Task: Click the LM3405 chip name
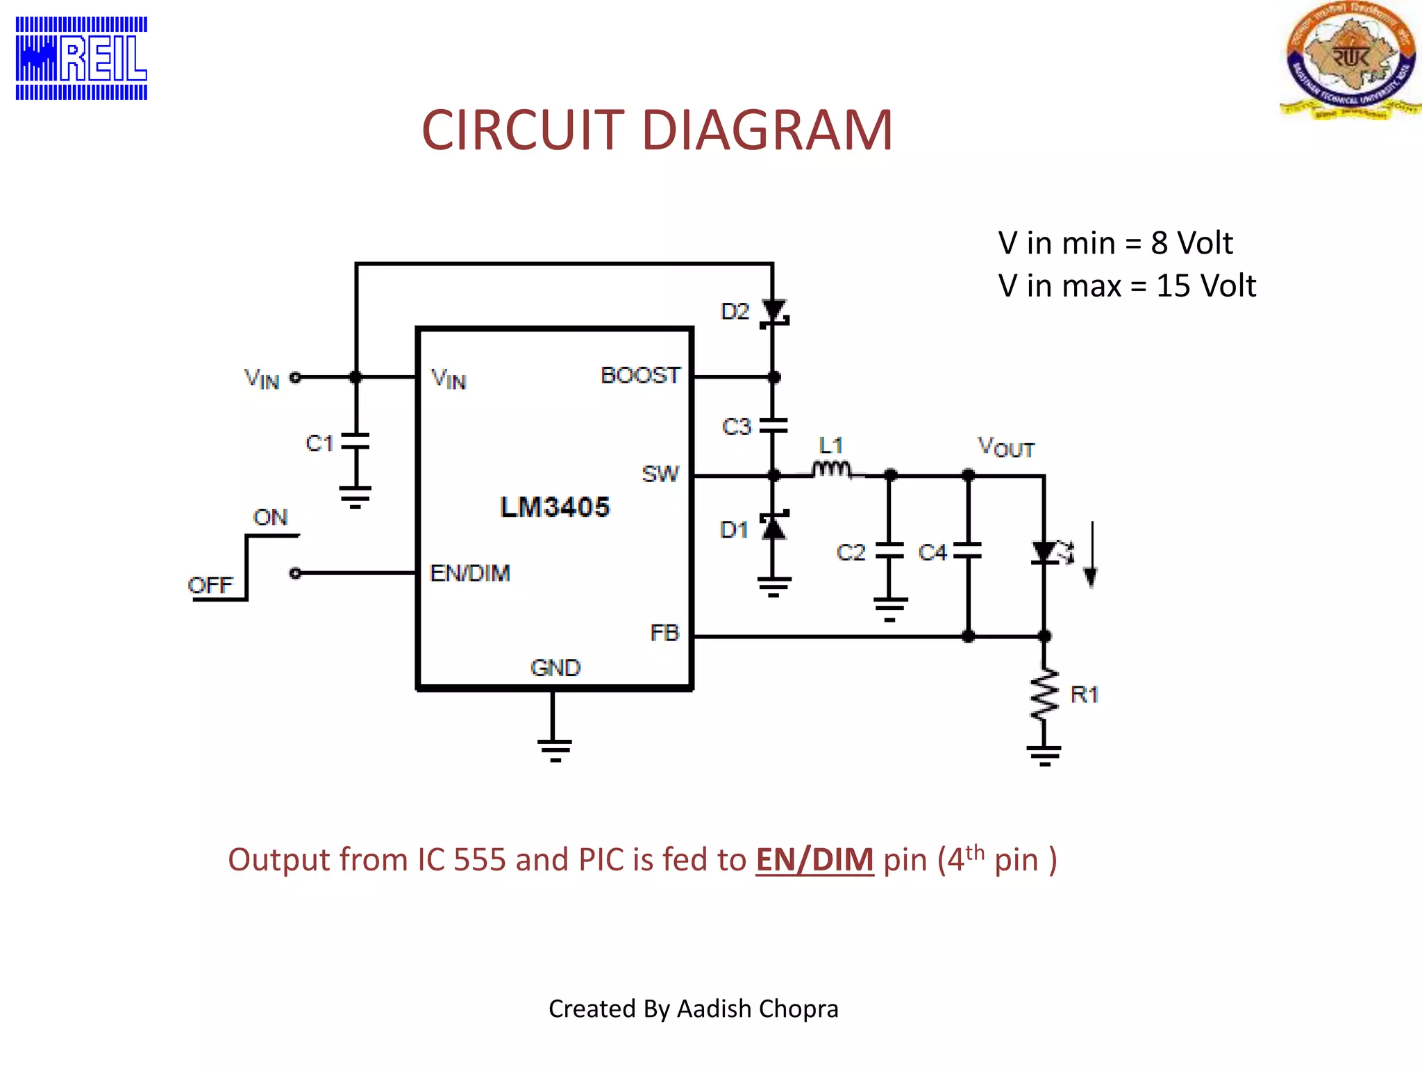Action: [554, 507]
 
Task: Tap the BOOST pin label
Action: [640, 376]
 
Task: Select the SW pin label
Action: [660, 474]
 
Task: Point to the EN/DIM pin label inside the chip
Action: [470, 573]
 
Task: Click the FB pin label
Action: [664, 633]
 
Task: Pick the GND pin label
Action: [555, 668]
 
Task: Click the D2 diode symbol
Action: [773, 313]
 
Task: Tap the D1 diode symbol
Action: [773, 527]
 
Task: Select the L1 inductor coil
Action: [831, 471]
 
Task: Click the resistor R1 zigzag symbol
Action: [1044, 695]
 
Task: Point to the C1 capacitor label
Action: [319, 443]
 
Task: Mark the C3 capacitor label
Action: [736, 427]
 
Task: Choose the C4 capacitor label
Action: [932, 553]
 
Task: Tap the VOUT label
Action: [1006, 447]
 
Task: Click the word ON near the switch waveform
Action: [270, 518]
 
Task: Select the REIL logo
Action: [82, 58]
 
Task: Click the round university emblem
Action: [1349, 60]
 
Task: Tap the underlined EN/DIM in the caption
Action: [814, 860]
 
